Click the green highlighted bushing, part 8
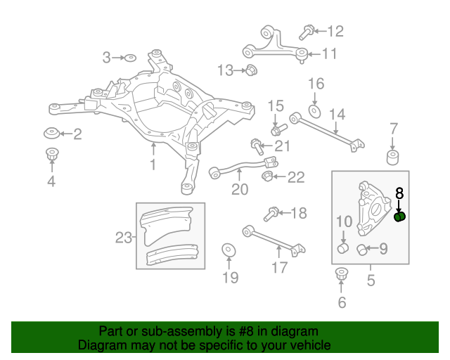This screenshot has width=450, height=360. tap(400, 217)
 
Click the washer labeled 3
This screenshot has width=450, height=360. tap(130, 57)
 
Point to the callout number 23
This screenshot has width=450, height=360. tap(124, 238)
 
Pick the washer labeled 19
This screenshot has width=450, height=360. tap(229, 250)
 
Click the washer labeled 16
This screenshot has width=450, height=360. tap(314, 110)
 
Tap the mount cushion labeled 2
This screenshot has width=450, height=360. tap(51, 133)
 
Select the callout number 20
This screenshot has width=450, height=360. tap(240, 190)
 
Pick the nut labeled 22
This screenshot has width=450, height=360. tap(267, 175)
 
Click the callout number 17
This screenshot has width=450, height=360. tap(279, 267)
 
